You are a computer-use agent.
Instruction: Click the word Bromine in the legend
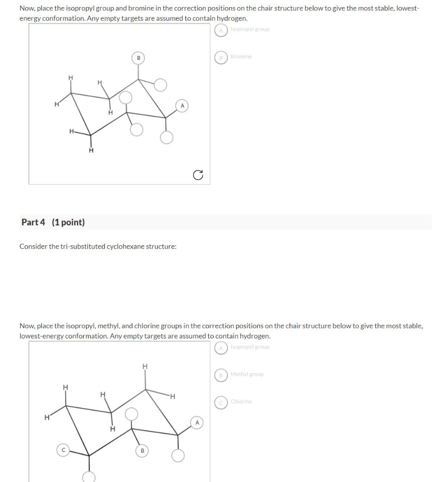point(241,56)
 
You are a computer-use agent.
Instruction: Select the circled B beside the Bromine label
point(221,57)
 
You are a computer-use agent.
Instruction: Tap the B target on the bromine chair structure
point(138,57)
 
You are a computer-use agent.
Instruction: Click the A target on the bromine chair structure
point(182,105)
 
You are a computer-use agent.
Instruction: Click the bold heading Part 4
point(33,222)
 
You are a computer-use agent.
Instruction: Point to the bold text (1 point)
point(69,222)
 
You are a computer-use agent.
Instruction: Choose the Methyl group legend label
point(247,374)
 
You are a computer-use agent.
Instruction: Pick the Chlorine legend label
point(241,402)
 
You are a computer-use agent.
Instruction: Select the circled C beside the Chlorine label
point(221,402)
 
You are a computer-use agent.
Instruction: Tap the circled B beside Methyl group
point(221,375)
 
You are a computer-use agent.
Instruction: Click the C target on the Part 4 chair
point(63,450)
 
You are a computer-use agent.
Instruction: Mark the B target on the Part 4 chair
point(142,451)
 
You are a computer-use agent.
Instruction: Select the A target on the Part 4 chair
point(198,423)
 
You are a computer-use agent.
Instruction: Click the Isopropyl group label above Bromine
point(250,29)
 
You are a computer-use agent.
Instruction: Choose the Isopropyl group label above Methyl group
point(250,347)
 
